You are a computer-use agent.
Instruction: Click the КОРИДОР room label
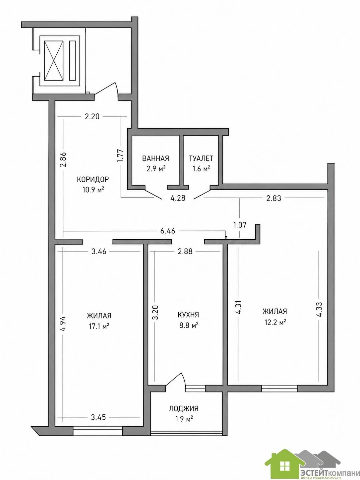point(93,179)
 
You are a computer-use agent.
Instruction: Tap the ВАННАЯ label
point(155,158)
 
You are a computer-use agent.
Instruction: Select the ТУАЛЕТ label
point(201,158)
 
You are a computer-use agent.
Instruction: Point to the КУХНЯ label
point(188,315)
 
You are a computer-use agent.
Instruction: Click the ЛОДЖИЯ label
point(184,408)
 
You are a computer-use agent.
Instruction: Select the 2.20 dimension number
point(92,117)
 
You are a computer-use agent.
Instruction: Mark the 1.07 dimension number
point(240,225)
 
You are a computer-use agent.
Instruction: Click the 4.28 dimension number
point(178,198)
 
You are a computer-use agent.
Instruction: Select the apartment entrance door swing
point(106,89)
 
